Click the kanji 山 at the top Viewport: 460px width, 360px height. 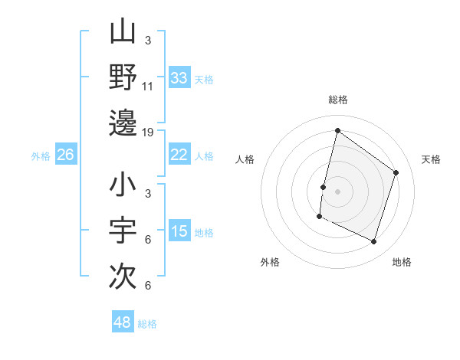(123, 33)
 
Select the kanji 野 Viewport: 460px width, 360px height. (123, 77)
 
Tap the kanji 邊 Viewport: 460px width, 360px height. (123, 123)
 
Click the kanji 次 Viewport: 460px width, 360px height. (123, 275)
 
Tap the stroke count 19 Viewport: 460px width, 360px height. (149, 133)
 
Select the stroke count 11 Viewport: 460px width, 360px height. (149, 87)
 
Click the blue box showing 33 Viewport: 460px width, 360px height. (179, 78)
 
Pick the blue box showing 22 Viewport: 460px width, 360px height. (179, 155)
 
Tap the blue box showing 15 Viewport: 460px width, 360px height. (179, 232)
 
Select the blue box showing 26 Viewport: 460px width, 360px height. (66, 155)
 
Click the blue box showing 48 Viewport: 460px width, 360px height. (123, 322)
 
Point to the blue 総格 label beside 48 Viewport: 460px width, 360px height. (147, 324)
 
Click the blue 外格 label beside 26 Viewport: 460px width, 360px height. (41, 156)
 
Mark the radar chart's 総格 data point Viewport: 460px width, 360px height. (337, 131)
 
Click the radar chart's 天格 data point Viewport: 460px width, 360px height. (396, 172)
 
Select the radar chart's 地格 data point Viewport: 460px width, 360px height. (374, 242)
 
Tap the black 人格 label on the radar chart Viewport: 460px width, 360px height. (245, 159)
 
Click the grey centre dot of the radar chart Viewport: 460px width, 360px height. (337, 191)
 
